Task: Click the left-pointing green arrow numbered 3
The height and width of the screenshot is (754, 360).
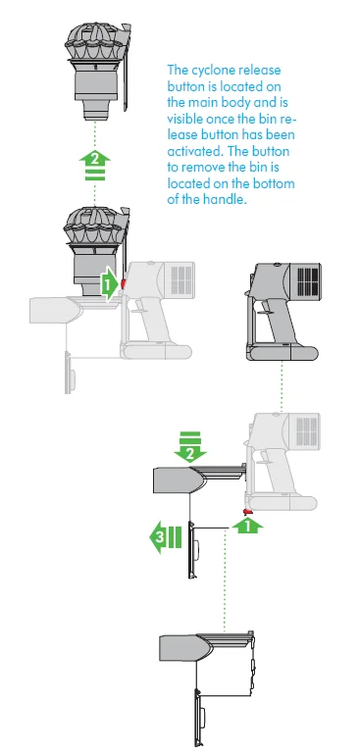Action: pyautogui.click(x=163, y=537)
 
